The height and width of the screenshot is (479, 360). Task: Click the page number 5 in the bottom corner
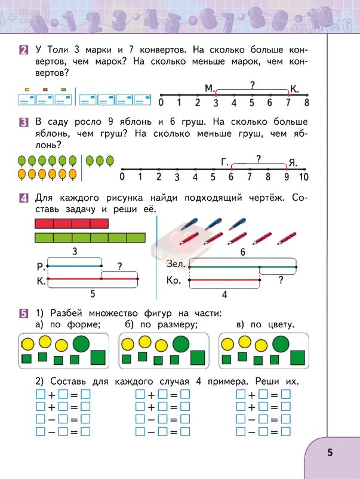pyautogui.click(x=330, y=452)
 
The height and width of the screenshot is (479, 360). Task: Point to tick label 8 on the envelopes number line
pyautogui.click(x=306, y=103)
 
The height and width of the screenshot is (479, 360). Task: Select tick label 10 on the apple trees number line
pyautogui.click(x=303, y=177)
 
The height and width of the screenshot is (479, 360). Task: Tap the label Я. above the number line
pyautogui.click(x=293, y=162)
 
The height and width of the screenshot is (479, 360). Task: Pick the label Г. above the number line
pyautogui.click(x=225, y=162)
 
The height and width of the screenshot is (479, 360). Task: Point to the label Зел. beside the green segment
pyautogui.click(x=178, y=263)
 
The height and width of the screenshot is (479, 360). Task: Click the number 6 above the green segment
pyautogui.click(x=242, y=253)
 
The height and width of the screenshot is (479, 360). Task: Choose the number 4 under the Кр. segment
pyautogui.click(x=224, y=294)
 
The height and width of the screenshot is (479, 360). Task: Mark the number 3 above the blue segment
pyautogui.click(x=74, y=253)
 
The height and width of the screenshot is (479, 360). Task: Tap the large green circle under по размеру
pyautogui.click(x=181, y=343)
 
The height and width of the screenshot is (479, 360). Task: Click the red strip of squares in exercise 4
pyautogui.click(x=72, y=223)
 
